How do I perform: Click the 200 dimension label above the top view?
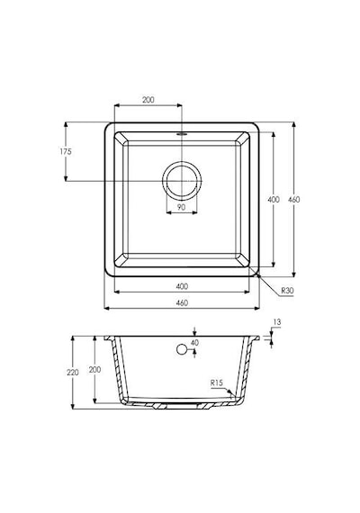148,100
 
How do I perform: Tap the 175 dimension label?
66,151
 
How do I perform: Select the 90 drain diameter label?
181,207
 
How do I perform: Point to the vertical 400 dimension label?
274,199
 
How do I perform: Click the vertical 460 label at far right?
294,199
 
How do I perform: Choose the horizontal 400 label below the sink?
182,286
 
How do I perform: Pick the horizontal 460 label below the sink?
182,302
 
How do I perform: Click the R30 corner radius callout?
287,290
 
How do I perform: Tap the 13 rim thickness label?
277,322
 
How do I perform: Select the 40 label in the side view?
194,343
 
